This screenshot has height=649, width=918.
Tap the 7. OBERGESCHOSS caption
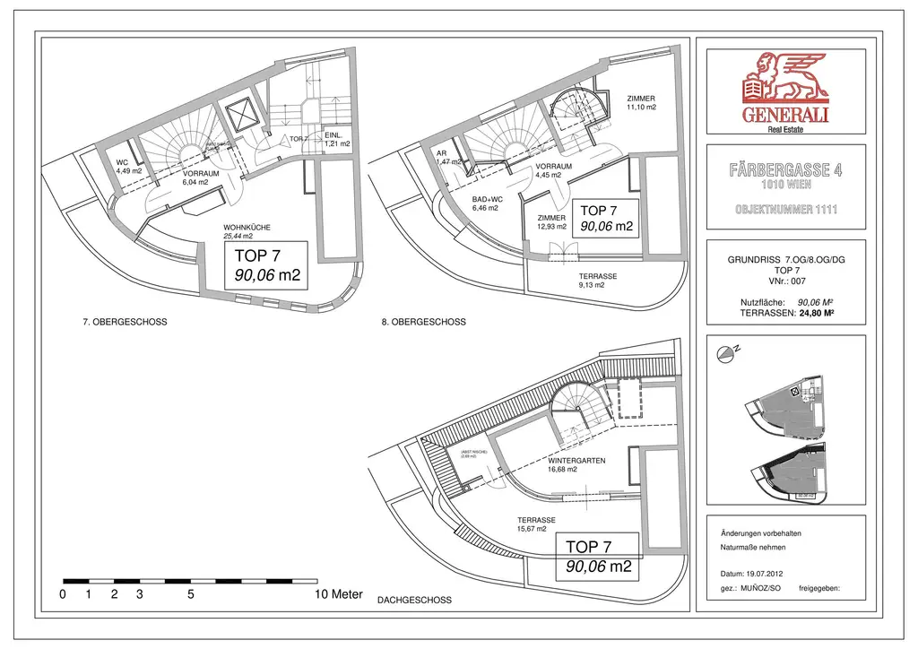125,322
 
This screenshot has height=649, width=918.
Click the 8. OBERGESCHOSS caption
423,322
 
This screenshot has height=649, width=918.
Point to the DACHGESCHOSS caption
414,600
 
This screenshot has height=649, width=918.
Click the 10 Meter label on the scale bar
339,594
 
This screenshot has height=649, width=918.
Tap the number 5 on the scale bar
191,594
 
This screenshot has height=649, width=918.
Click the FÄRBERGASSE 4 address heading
786,170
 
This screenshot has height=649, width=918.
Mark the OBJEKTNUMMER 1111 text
786,211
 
